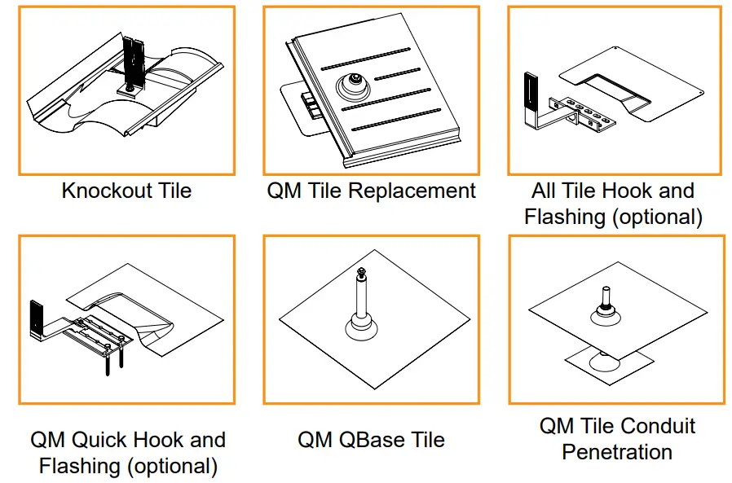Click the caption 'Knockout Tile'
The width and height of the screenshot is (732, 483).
click(126, 191)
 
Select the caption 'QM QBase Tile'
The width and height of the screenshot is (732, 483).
click(371, 441)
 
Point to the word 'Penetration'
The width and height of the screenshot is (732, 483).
click(617, 452)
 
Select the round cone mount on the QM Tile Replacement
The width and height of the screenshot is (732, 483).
click(353, 83)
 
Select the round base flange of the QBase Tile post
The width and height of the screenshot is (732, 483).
click(361, 330)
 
